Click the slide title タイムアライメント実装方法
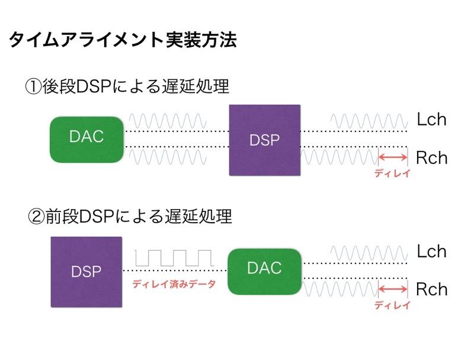123,40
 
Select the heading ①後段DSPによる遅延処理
127,86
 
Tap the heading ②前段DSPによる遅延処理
130,216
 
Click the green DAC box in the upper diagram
87,140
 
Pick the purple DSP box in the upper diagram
265,140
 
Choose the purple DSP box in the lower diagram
87,272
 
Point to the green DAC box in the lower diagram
265,272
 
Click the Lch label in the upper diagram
432,119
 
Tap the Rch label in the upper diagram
432,157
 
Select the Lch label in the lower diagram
432,251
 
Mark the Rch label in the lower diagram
432,290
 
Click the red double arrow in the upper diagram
393,157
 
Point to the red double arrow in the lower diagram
393,289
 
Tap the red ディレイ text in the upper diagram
392,173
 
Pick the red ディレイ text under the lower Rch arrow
392,306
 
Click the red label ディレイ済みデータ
174,284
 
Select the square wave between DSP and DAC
174,258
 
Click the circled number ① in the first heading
33,87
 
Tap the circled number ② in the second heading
36,217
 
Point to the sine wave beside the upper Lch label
369,121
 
